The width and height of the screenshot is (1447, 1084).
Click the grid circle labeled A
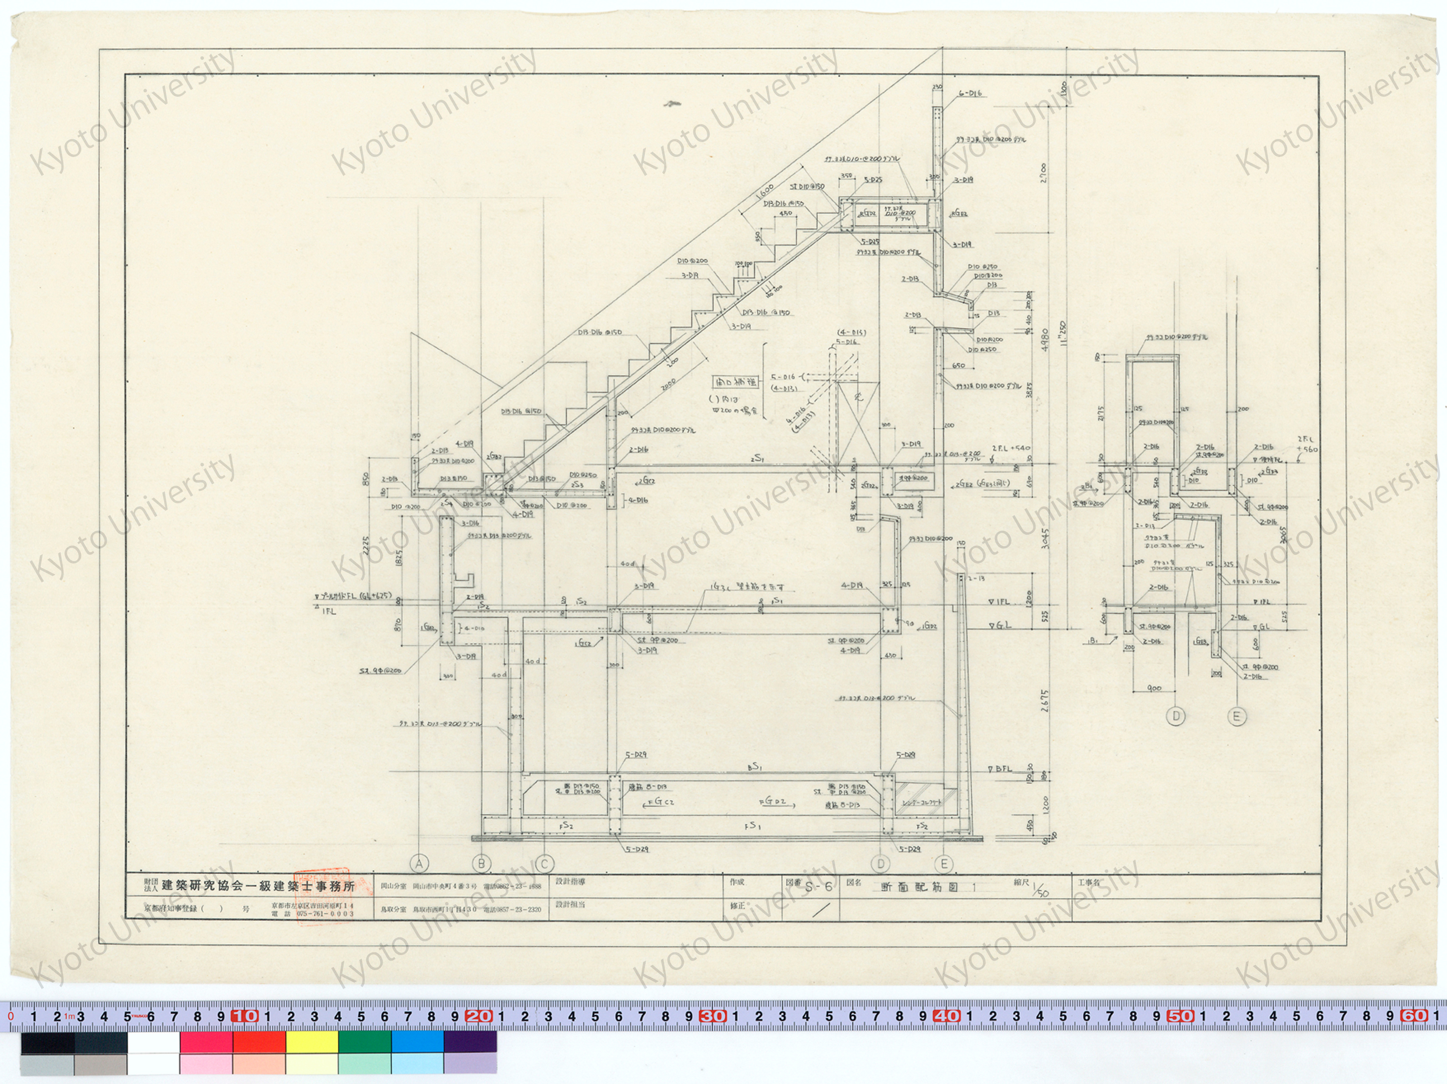click(419, 863)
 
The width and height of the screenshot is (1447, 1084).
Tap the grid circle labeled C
click(544, 863)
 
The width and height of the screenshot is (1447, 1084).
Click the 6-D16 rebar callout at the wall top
click(970, 94)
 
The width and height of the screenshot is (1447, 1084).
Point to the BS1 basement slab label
click(756, 766)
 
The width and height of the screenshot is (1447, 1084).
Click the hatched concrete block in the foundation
click(919, 800)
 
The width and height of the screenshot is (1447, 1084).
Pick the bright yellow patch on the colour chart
click(312, 1042)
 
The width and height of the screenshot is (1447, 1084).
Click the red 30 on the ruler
click(712, 1016)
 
